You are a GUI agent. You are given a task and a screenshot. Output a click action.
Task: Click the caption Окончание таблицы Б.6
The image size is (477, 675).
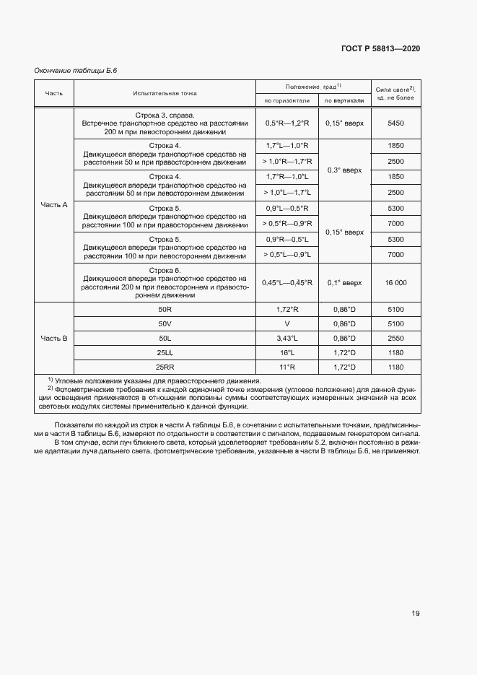click(x=76, y=71)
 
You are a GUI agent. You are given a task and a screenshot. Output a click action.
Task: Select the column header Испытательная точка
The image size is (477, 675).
click(x=164, y=93)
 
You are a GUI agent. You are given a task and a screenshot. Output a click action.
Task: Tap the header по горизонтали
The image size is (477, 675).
click(x=286, y=100)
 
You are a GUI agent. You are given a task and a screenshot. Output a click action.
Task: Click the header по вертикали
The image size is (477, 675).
click(x=344, y=100)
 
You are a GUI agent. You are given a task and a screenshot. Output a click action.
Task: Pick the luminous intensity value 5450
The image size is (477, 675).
click(x=395, y=123)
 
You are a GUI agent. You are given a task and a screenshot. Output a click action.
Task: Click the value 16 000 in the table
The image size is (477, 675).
click(x=395, y=283)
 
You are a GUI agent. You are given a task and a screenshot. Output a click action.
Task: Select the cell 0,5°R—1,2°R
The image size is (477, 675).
click(x=286, y=123)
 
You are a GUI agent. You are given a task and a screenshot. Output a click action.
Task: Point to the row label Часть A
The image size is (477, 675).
click(x=54, y=204)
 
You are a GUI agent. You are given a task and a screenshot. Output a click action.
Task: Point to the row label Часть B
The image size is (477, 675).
click(x=54, y=338)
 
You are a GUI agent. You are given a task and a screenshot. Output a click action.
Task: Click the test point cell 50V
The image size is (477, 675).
click(x=165, y=323)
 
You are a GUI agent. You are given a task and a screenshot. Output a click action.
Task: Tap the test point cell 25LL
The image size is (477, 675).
click(x=165, y=352)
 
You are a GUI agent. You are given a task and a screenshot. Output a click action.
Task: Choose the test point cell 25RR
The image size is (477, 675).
click(x=165, y=367)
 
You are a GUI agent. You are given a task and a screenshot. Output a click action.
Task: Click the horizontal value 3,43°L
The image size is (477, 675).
click(x=286, y=338)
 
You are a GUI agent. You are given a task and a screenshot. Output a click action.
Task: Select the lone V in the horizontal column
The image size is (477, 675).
click(x=286, y=323)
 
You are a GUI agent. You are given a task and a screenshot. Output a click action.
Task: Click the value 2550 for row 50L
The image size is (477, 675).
click(x=395, y=338)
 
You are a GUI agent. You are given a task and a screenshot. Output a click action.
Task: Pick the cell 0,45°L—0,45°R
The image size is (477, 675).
click(x=286, y=283)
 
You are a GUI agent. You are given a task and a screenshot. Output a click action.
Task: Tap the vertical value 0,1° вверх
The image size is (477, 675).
click(x=344, y=283)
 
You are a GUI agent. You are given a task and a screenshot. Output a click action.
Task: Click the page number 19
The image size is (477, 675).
click(x=416, y=614)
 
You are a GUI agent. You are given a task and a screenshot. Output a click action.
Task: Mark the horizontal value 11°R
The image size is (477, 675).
click(x=286, y=367)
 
